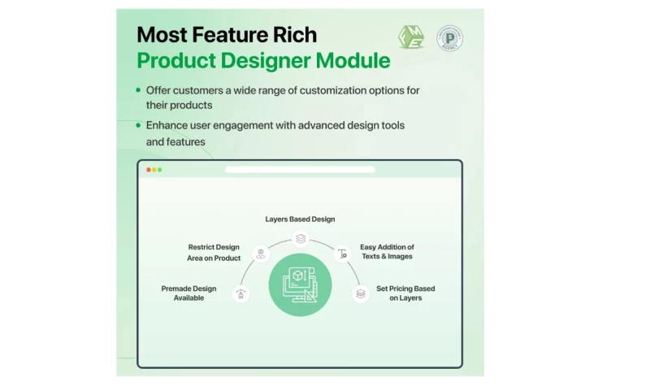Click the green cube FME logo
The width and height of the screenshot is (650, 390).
(x=411, y=37)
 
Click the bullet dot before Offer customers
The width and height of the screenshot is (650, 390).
(x=138, y=90)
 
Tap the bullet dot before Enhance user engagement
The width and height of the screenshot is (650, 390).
(x=138, y=126)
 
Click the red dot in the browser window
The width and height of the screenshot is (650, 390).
(x=149, y=170)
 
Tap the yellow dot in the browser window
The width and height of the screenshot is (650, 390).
(x=154, y=170)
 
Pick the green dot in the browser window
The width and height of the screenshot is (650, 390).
(x=160, y=170)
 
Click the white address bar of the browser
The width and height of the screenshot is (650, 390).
(x=300, y=170)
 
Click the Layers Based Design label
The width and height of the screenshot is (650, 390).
(x=300, y=219)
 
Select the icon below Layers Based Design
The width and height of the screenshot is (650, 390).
(x=301, y=239)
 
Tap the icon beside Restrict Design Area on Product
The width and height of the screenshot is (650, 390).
(x=260, y=253)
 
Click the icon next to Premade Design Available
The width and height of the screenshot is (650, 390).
(x=240, y=293)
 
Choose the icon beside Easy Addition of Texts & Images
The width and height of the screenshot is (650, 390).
(x=342, y=253)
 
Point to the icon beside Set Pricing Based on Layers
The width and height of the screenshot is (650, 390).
(x=361, y=293)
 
